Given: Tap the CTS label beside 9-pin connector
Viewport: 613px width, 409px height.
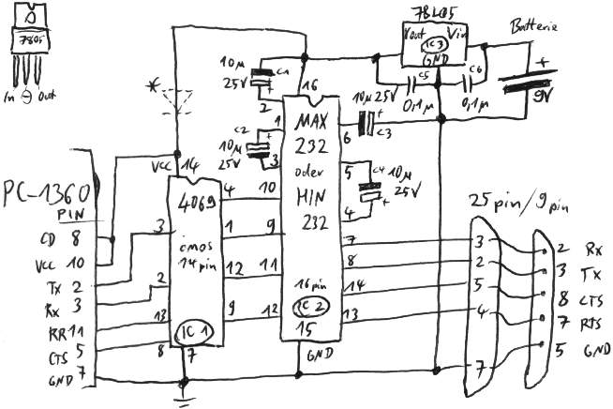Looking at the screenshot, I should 591,301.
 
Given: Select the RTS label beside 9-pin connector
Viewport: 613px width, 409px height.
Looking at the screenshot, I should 591,324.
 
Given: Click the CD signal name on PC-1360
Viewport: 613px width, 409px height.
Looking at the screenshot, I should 45,240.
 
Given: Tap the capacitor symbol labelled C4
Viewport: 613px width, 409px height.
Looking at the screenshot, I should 372,194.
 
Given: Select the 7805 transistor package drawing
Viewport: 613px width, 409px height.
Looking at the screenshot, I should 31,47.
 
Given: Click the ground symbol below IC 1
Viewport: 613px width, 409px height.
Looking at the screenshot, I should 184,391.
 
